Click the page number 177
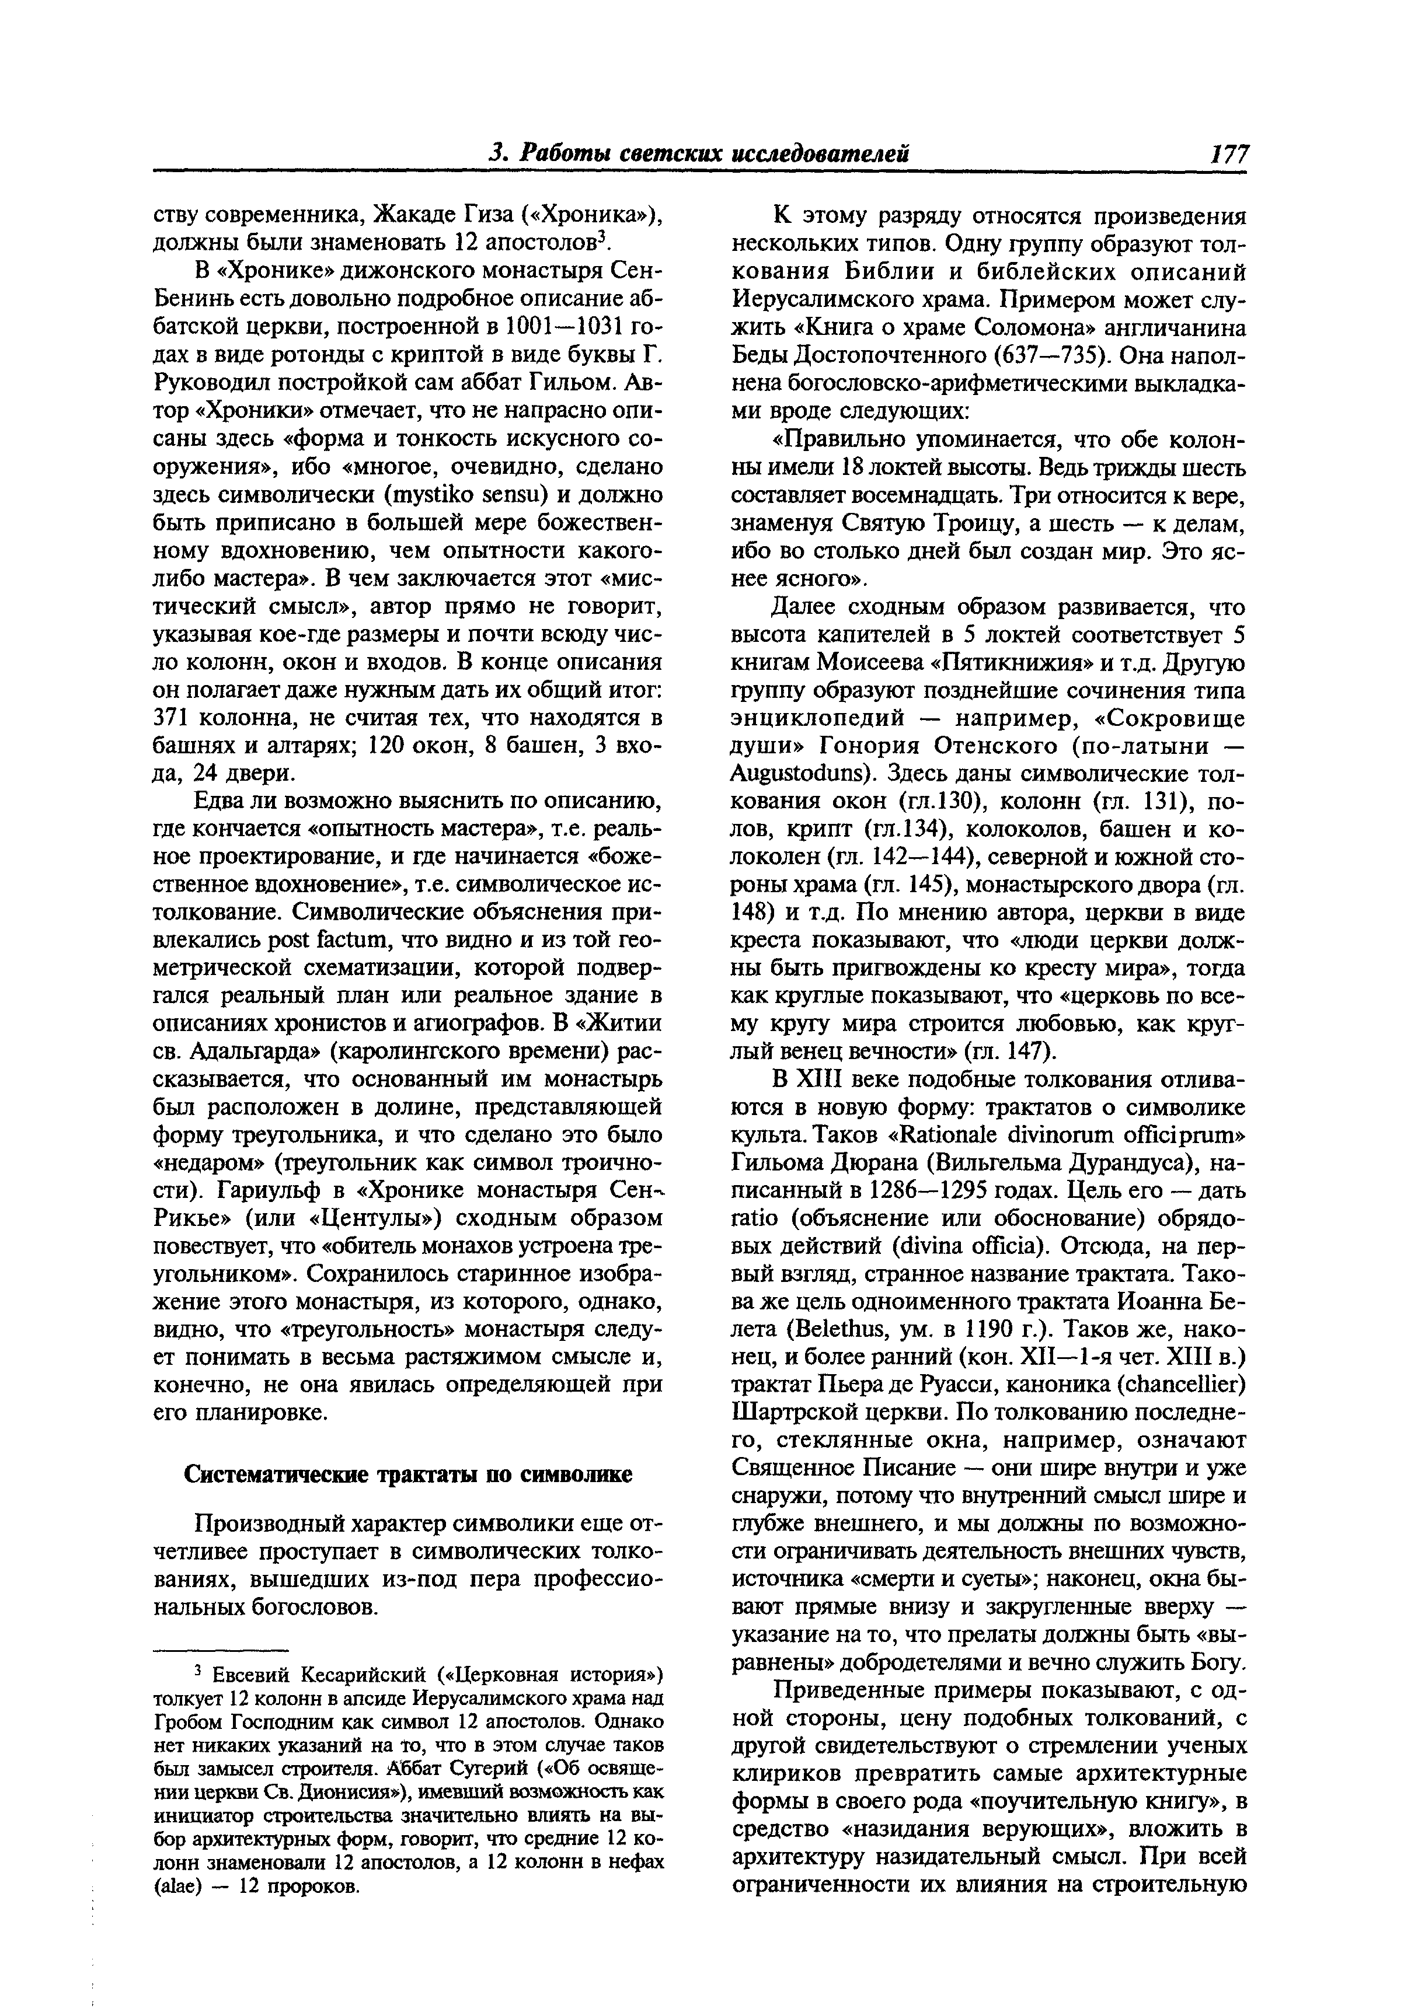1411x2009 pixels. pyautogui.click(x=1229, y=154)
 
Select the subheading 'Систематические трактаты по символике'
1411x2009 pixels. pyautogui.click(x=408, y=1475)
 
